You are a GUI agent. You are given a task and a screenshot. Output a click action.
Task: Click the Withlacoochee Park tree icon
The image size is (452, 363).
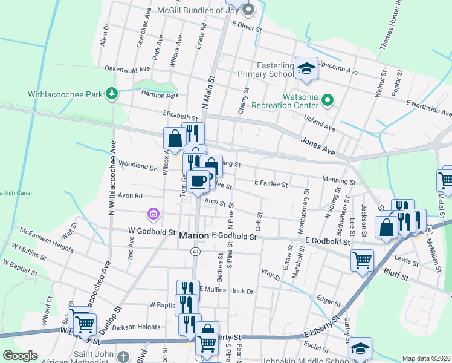coord(111,93)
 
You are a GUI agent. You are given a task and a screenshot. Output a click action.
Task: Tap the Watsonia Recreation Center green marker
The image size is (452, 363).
coord(328,100)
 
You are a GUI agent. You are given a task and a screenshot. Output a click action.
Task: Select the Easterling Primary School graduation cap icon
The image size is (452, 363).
coord(306,68)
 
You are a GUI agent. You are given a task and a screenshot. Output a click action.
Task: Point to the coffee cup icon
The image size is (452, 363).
coord(198,181)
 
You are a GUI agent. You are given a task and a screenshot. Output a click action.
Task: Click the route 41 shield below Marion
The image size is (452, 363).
coord(195,250)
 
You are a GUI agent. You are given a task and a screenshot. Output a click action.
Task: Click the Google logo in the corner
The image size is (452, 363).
coord(20,356)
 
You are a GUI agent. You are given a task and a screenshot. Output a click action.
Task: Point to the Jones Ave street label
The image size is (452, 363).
coord(317,144)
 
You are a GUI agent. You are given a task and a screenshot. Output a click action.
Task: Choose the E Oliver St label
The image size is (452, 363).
coord(247,28)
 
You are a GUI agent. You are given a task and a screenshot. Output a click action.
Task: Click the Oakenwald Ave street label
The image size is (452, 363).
coord(128,69)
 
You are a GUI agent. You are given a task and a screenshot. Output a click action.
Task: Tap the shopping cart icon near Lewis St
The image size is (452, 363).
coord(362,260)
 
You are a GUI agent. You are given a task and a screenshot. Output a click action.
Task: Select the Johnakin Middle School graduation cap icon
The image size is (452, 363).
coord(360,348)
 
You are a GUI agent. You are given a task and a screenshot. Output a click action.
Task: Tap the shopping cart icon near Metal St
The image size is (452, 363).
coord(446,178)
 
